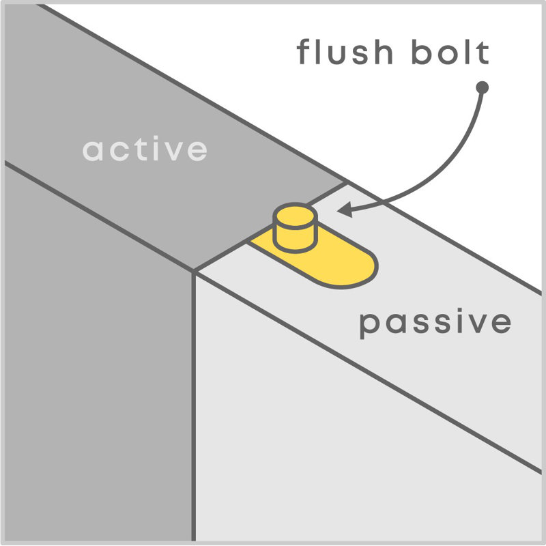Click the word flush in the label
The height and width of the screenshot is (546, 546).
pos(345,53)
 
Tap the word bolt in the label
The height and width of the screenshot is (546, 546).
pos(450,53)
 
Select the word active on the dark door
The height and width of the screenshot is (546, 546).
pos(145,149)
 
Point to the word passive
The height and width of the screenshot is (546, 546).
pos(435,323)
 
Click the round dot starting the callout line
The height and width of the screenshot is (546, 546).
pos(482,87)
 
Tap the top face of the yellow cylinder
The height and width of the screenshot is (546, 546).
pos(296,216)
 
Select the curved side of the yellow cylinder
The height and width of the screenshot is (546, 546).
pos(296,238)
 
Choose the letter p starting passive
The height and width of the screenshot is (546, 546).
pos(369,326)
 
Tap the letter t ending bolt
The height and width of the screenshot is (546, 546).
pos(484,53)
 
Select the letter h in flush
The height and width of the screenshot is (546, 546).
pos(384,52)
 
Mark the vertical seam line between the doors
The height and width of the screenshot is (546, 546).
pos(194,405)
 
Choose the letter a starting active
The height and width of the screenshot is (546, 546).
pos(93,150)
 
